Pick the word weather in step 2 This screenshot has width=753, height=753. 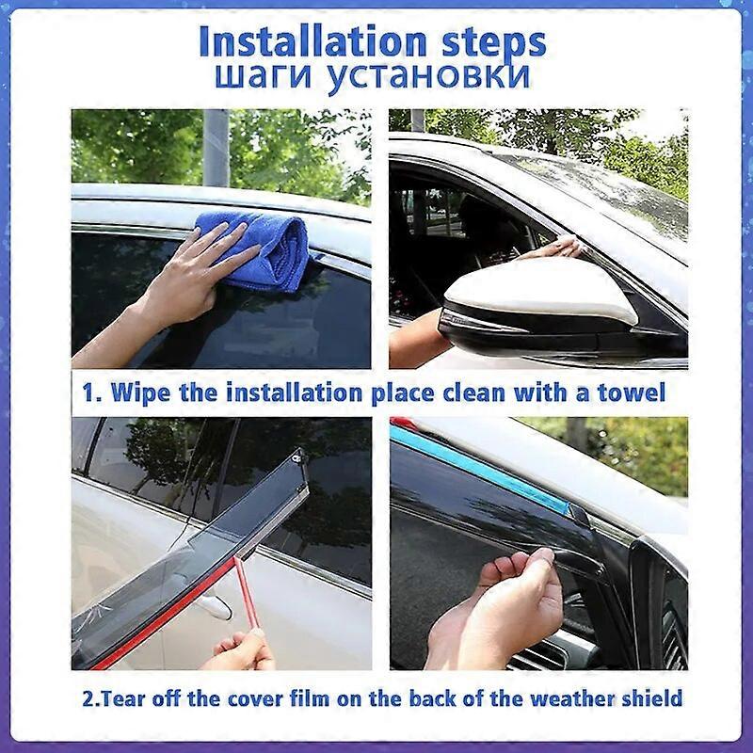[x=568, y=698]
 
